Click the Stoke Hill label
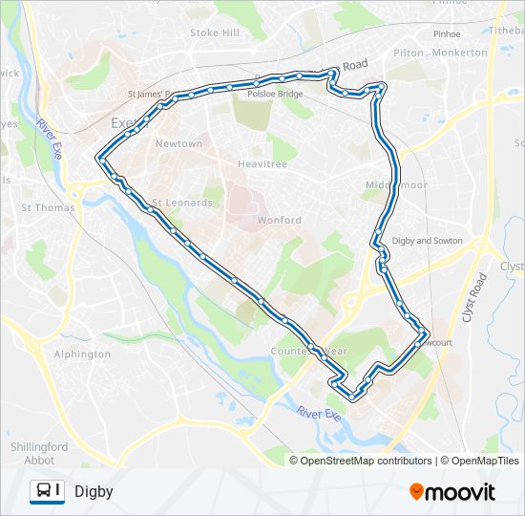215,32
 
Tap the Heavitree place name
262,164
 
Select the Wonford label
279,221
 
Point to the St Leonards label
182,203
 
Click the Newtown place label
178,144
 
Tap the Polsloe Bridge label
275,95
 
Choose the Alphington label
82,355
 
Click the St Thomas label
41,206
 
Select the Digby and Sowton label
427,241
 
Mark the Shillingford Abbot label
38,453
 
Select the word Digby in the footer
94,492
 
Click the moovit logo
451,492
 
